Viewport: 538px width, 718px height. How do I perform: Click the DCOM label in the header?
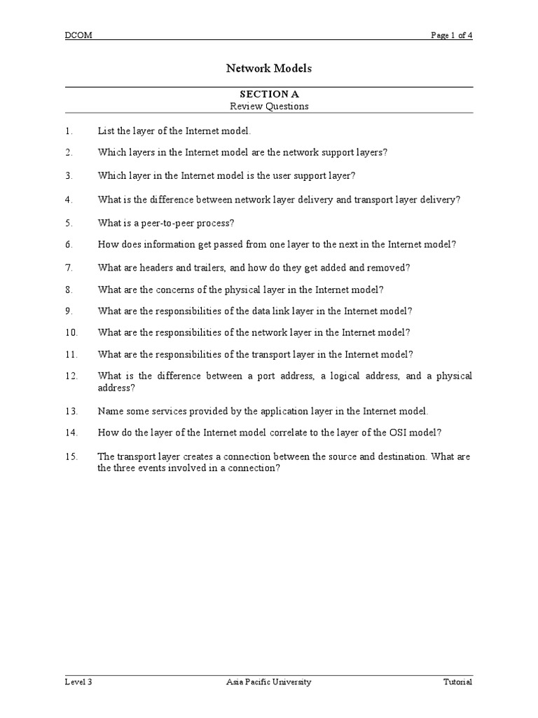pos(78,36)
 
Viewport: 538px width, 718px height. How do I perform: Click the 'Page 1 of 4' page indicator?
pos(451,36)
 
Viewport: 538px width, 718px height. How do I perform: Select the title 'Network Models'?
pos(269,69)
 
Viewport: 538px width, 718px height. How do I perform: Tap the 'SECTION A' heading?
pos(269,94)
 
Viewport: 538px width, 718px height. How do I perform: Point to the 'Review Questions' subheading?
pos(269,107)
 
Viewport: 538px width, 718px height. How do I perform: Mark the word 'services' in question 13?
pos(161,411)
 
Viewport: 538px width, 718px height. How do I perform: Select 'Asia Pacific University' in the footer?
pos(269,682)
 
